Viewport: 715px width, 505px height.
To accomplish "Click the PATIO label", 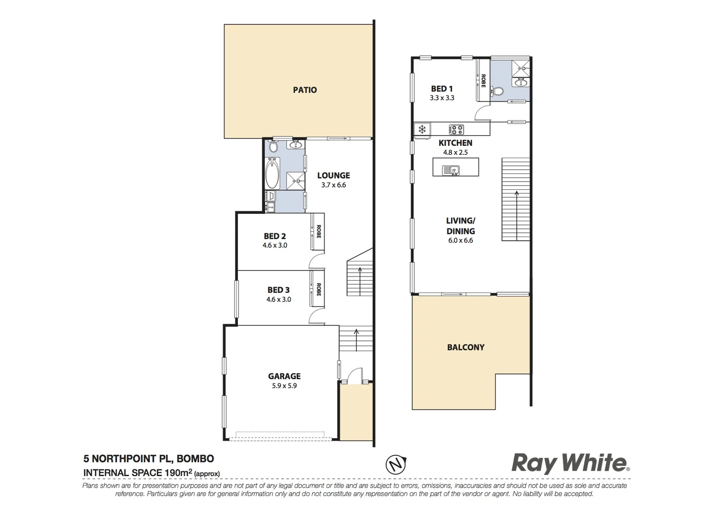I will (305, 90).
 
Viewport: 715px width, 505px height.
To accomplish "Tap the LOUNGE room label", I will (333, 175).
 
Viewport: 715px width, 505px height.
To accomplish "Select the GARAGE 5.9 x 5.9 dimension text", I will (284, 386).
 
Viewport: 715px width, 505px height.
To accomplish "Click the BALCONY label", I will (465, 347).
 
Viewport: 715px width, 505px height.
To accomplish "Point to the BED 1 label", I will (442, 88).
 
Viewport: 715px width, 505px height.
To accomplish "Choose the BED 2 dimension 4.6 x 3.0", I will (275, 245).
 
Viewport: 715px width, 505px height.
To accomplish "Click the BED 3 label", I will (279, 290).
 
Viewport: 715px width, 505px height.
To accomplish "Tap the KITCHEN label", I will (455, 143).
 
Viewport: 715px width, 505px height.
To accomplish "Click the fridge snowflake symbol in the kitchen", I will (422, 129).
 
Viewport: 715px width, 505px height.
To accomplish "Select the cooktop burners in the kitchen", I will (456, 129).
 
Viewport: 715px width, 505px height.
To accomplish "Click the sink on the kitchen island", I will (452, 170).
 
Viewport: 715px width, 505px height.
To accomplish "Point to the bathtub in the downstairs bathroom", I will (272, 173).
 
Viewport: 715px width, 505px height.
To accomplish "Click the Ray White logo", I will (570, 463).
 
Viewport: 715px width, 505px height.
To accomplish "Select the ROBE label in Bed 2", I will (319, 231).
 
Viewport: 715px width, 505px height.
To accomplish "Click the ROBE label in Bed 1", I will (483, 80).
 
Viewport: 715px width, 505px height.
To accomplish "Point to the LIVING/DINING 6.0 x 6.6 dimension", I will (461, 240).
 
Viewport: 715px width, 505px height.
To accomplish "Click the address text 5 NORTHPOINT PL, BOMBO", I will (148, 459).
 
